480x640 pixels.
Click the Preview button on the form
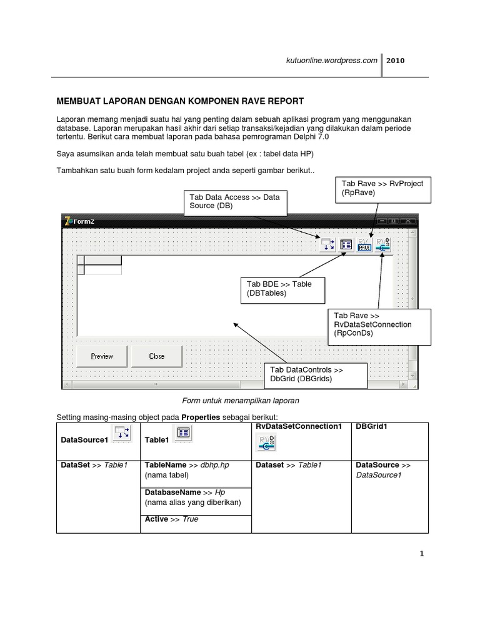tap(101, 356)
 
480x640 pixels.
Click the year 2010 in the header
tap(396, 61)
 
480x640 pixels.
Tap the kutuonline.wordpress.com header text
tap(331, 61)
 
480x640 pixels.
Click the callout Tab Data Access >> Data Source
tap(234, 201)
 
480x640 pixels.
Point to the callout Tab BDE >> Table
tap(279, 289)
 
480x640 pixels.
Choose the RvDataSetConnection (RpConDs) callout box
tap(380, 325)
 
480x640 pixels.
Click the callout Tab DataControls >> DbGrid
tap(306, 374)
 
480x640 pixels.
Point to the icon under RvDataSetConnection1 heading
tap(266, 442)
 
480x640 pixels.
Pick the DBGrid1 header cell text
tap(372, 426)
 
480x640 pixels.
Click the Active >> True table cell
tap(171, 519)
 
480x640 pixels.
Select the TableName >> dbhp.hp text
tap(186, 466)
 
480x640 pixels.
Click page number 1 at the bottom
tap(422, 554)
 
